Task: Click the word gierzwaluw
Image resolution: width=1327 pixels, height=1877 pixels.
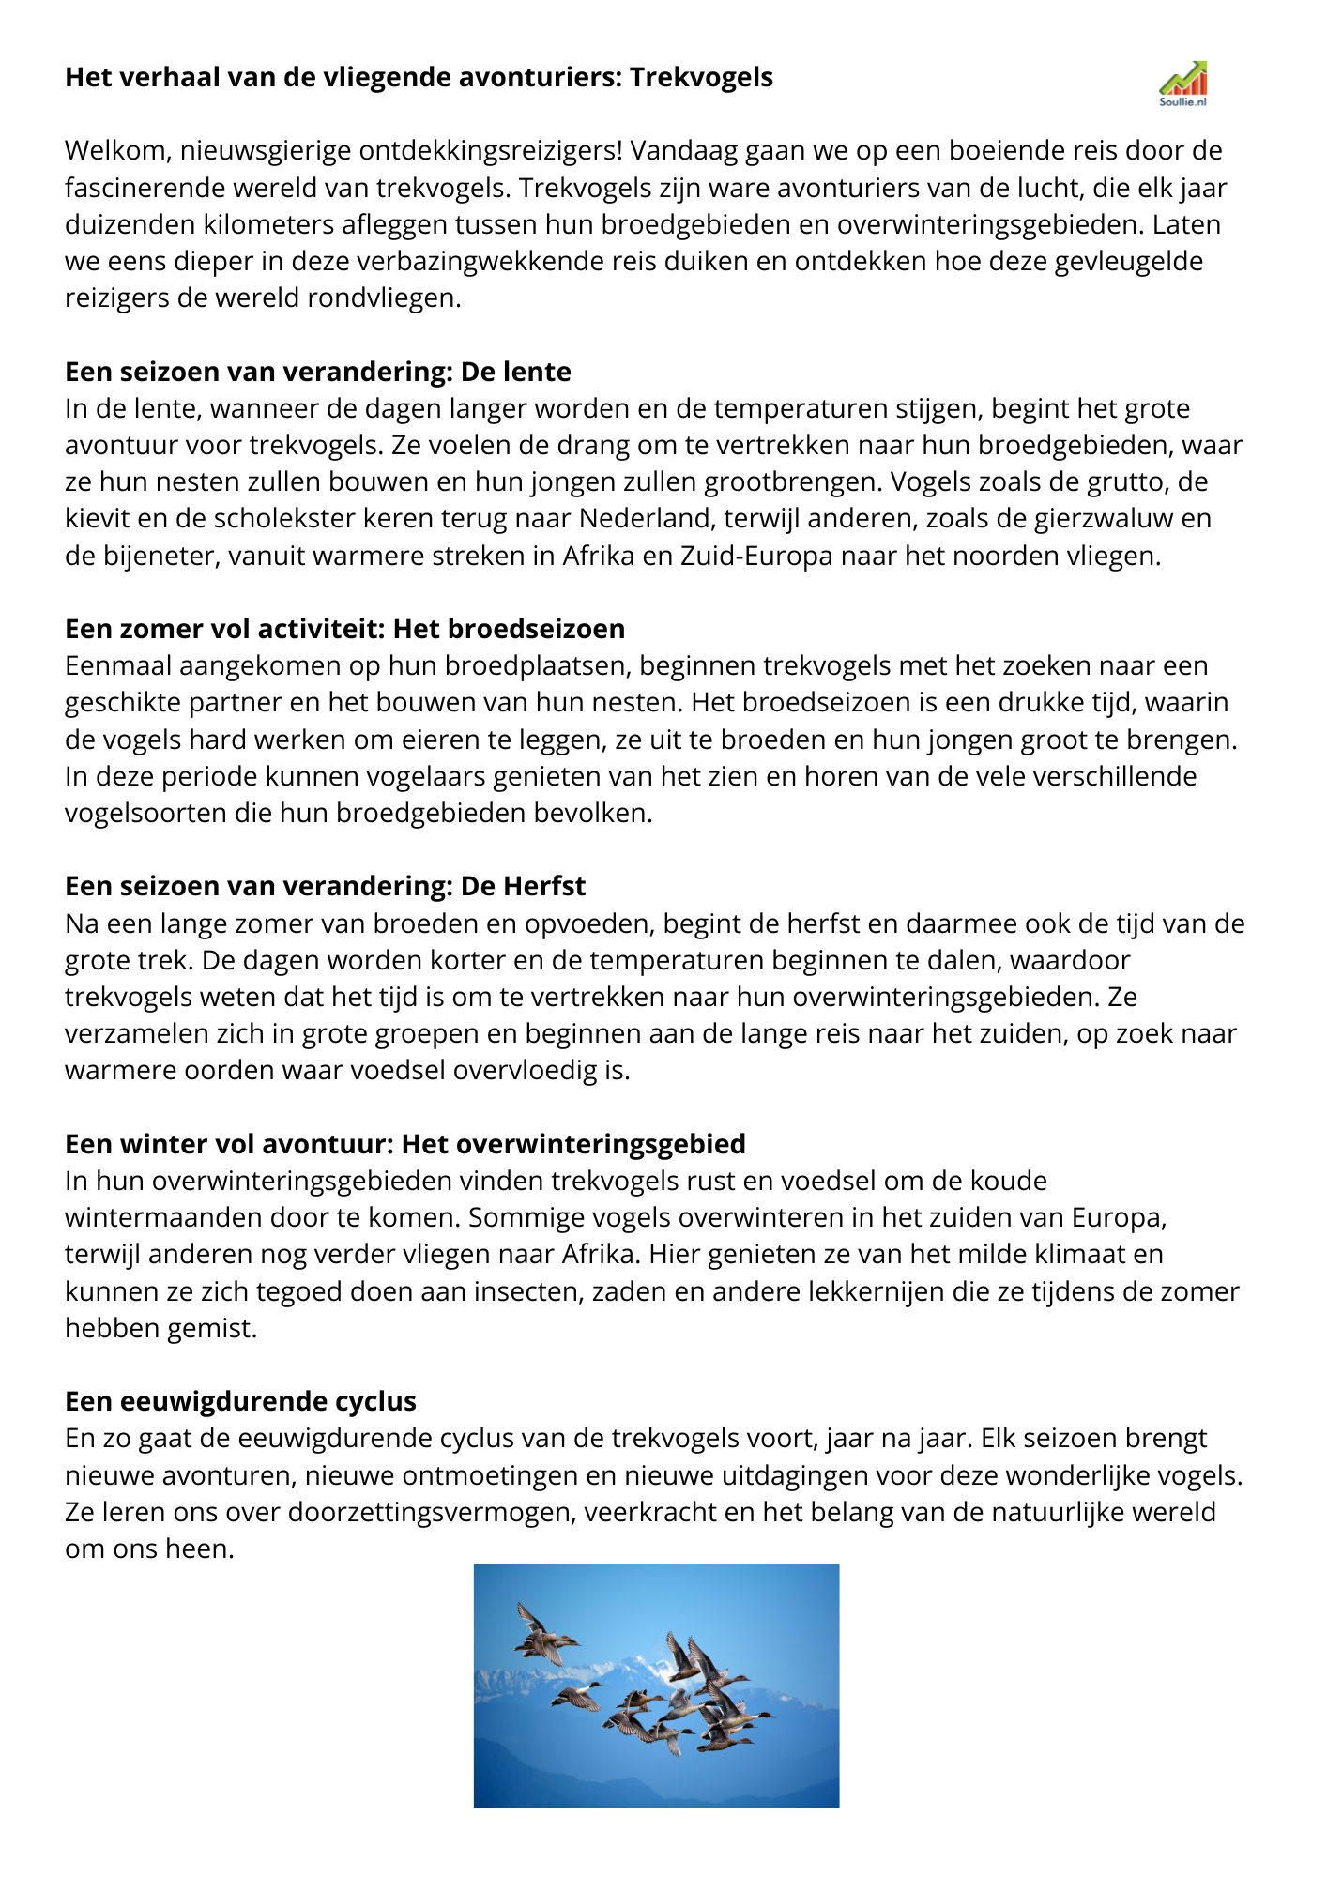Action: click(x=1113, y=518)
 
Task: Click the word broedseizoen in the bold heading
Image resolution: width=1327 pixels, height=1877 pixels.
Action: click(x=540, y=629)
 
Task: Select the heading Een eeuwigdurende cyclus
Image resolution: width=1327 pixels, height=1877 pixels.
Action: click(x=240, y=1401)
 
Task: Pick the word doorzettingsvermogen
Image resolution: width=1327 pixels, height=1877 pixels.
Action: click(x=423, y=1512)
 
